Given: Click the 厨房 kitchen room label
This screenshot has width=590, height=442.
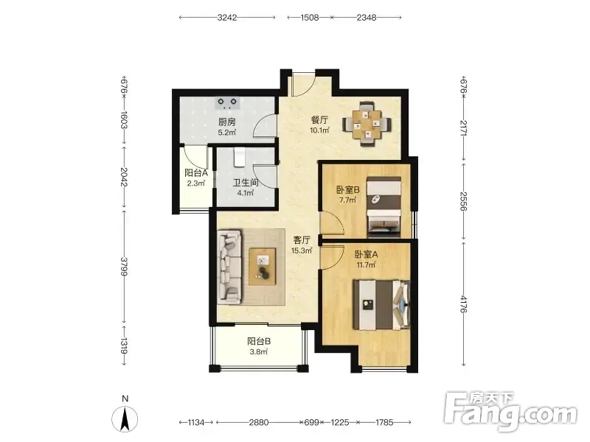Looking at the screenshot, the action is coord(227,122).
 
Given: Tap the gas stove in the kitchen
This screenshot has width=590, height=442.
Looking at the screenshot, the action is coord(228,103).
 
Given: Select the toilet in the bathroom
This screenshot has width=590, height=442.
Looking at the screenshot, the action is coord(239,157).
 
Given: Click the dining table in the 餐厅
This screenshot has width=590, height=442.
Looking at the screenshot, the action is coord(367,124).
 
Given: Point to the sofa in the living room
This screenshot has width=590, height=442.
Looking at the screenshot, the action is coord(229,267).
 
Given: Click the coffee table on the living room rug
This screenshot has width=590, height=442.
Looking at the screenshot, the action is coord(263,267).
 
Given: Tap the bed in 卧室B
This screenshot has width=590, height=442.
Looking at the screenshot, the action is coord(383,206).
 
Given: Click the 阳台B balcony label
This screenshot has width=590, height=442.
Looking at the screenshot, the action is coord(259,341).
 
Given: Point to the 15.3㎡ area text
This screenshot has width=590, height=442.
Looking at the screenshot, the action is coord(302,250).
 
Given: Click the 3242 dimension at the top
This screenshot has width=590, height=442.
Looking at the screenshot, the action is coord(227,18).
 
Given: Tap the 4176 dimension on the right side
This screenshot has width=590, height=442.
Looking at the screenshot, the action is coord(464,304).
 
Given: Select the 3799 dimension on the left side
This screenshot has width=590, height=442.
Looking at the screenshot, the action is coord(124,266).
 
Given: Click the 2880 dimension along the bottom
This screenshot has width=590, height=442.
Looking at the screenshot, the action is coord(259,422).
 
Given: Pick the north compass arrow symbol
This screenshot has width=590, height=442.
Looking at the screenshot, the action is coord(125,418).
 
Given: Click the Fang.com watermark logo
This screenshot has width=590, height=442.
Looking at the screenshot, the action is coord(510,412).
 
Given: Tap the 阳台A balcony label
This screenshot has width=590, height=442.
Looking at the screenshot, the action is coord(196,173).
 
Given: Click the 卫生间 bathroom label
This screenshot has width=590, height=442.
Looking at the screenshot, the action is coord(246,183).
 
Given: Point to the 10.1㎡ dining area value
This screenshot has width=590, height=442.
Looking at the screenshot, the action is coord(319,130).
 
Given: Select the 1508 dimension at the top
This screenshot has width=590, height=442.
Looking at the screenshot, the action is coord(309,18).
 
